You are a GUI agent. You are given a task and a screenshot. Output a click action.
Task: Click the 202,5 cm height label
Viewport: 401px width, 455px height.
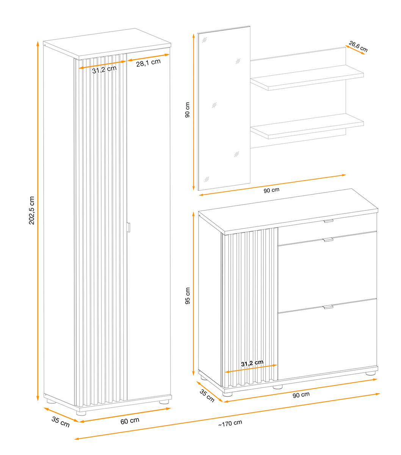point(32,210)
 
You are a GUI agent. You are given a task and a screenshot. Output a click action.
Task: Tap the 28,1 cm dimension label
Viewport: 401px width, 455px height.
point(148,63)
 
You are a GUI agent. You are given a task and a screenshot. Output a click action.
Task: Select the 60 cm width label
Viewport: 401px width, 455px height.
point(130,420)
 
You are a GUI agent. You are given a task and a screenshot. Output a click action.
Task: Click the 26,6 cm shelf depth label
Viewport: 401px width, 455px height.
point(358,46)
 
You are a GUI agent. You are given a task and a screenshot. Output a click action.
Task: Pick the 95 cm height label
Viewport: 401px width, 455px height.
point(188,296)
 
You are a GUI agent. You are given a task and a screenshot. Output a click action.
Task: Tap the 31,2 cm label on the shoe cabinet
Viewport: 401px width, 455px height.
point(252,363)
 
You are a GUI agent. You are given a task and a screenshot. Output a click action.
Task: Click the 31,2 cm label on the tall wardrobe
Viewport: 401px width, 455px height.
point(104,69)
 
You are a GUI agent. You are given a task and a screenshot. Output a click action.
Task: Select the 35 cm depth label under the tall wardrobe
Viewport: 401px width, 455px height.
point(61,422)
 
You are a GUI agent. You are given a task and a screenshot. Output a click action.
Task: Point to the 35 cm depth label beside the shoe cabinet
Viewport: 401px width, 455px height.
point(207,395)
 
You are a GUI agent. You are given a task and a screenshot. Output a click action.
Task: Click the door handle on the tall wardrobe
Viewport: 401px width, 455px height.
point(128,227)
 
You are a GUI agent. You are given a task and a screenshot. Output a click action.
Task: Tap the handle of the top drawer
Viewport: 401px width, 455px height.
point(329,221)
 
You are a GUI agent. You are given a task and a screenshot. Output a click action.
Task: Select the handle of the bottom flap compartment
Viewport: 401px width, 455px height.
point(329,307)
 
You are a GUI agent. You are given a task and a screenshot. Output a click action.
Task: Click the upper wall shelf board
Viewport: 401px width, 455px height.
point(307,78)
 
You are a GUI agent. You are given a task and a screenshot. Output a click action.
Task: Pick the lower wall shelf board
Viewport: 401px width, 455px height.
point(307,126)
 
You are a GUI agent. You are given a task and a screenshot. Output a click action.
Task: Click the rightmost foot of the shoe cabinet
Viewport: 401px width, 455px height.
point(370,373)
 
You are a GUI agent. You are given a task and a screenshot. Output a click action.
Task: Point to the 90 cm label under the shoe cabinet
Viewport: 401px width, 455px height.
point(301,395)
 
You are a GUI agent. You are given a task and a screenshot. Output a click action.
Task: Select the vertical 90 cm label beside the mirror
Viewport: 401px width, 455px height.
point(187,110)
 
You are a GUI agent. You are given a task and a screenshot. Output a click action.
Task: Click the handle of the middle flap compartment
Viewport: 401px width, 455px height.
point(329,240)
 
